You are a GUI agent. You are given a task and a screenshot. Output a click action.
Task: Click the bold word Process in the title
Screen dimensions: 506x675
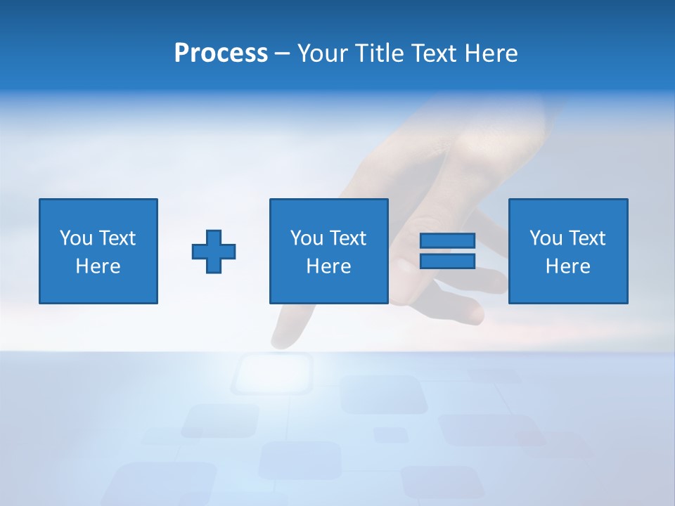(221, 53)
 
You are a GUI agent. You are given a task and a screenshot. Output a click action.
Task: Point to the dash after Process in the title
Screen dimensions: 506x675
(283, 54)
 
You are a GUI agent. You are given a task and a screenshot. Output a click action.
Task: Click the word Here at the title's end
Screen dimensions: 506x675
(490, 53)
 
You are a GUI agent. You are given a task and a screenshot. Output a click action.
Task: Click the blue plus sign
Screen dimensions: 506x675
(214, 251)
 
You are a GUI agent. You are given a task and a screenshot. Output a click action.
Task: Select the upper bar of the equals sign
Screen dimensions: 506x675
(447, 241)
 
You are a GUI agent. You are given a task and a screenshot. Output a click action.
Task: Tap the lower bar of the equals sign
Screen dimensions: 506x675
(447, 261)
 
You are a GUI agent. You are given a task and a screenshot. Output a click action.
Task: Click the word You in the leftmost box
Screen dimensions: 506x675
(75, 238)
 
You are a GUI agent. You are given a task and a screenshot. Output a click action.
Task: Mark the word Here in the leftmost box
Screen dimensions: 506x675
(98, 266)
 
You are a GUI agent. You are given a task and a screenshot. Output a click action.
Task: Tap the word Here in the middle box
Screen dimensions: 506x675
(329, 266)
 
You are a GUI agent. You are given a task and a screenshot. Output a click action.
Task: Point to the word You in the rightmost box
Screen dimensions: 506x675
(545, 238)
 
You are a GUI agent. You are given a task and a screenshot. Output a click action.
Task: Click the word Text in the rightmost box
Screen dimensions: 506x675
(586, 238)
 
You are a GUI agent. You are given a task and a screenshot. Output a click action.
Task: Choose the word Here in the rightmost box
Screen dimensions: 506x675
(568, 266)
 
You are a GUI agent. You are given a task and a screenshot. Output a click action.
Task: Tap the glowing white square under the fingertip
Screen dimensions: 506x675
(273, 372)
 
